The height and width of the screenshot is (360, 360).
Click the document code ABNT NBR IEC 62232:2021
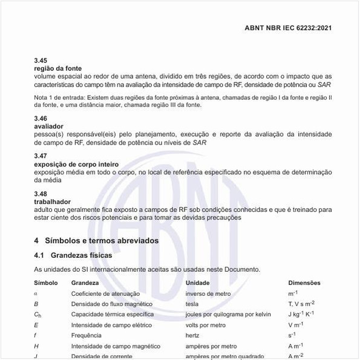pyautogui.click(x=287, y=28)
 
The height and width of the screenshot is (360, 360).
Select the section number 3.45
pyautogui.click(x=41, y=61)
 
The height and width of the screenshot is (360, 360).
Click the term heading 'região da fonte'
pyautogui.click(x=58, y=69)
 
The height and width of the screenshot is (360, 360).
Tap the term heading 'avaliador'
pyautogui.click(x=48, y=126)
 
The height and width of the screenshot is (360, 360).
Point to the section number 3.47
pyautogui.click(x=41, y=156)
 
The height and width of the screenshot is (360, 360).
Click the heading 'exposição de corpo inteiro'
pyautogui.click(x=76, y=165)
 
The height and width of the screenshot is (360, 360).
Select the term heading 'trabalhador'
pyautogui.click(x=53, y=201)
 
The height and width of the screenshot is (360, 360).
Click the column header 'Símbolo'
pyautogui.click(x=46, y=283)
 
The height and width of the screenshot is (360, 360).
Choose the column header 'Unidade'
pyautogui.click(x=197, y=283)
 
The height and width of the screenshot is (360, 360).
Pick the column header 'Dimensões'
pyautogui.click(x=304, y=283)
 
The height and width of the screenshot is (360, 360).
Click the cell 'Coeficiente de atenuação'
pyautogui.click(x=106, y=293)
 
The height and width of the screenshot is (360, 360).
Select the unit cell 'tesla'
pyautogui.click(x=192, y=304)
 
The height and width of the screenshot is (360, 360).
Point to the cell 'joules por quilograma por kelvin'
pyautogui.click(x=228, y=315)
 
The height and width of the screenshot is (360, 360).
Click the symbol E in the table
pyautogui.click(x=36, y=325)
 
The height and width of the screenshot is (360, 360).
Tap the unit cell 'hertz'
pyautogui.click(x=192, y=335)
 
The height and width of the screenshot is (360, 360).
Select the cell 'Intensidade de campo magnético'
pyautogui.click(x=116, y=346)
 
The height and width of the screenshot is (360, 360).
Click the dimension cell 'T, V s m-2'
pyautogui.click(x=301, y=304)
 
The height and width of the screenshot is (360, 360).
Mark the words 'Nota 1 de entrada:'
pyautogui.click(x=60, y=97)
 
